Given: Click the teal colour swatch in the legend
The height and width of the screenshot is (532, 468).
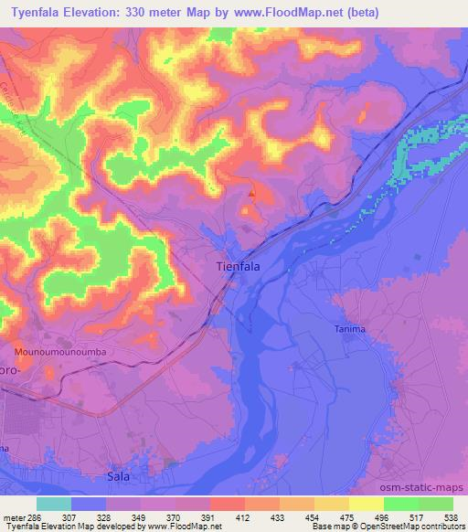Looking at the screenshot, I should coord(54,504).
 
